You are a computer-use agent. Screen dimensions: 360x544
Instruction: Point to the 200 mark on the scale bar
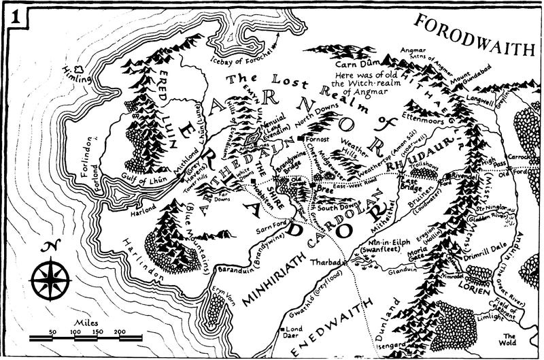tap(119, 331)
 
